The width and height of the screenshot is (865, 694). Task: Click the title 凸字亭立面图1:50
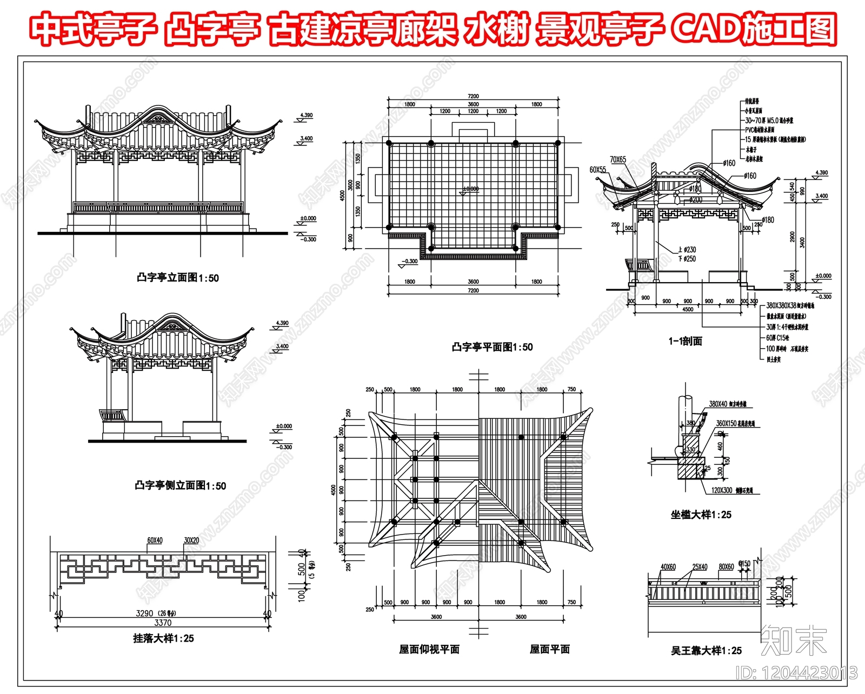pos(177,278)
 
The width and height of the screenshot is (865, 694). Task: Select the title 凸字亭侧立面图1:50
pos(180,485)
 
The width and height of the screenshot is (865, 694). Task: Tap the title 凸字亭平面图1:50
pos(492,347)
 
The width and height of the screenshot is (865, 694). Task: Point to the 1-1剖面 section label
pos(685,341)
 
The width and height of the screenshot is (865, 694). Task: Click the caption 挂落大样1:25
pos(163,638)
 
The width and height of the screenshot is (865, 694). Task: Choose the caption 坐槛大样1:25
pos(701,515)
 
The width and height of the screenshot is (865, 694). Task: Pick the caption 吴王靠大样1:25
pos(706,651)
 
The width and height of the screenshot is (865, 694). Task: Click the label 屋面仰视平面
pos(429,649)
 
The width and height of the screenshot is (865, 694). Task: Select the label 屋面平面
pos(549,649)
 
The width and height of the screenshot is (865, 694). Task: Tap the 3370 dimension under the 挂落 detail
pos(163,623)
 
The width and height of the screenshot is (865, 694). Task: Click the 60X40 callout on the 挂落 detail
pos(155,540)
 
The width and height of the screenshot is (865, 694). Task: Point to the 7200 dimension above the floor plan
pos(473,96)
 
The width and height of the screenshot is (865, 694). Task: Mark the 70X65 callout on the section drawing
pos(618,159)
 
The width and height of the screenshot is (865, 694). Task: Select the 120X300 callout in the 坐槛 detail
pos(721,490)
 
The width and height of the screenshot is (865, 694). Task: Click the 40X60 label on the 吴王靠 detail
pos(668,567)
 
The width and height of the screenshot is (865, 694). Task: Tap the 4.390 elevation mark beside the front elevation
pos(306,115)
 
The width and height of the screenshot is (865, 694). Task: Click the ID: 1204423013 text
pos(797,673)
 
